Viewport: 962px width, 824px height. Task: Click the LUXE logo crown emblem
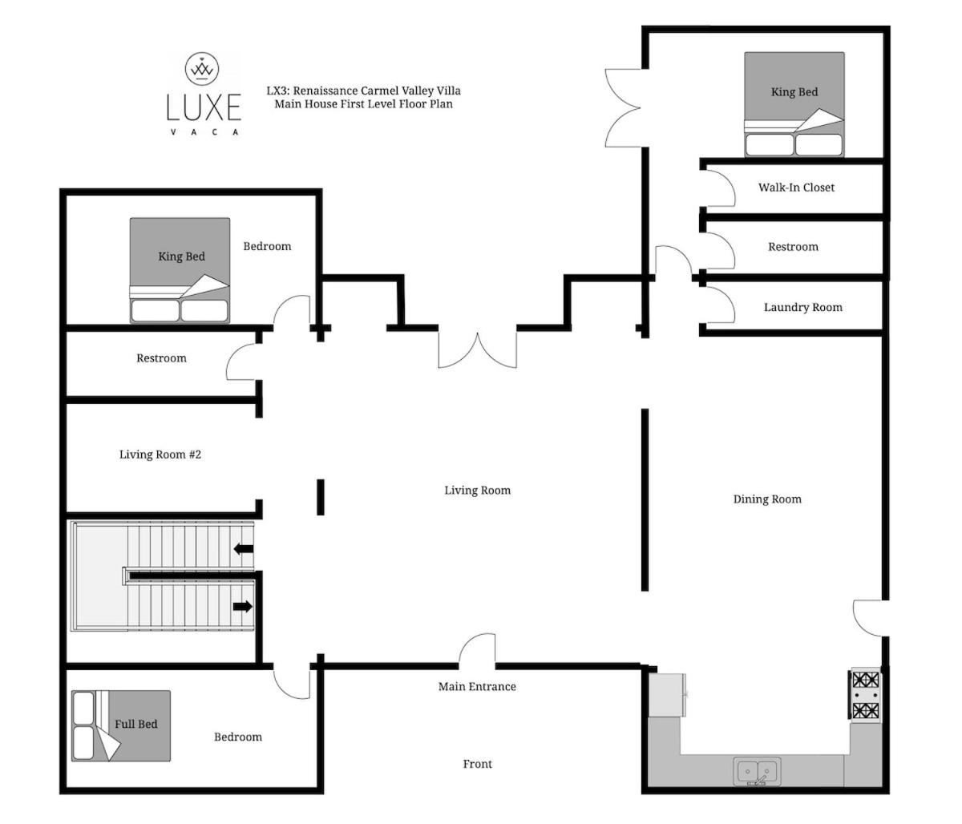[x=201, y=68]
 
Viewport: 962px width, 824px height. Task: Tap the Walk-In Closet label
[x=796, y=188]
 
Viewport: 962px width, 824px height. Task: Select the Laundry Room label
[x=802, y=307]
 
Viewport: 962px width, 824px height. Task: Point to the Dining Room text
[x=767, y=499]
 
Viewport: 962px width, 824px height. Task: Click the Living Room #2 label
[x=160, y=454]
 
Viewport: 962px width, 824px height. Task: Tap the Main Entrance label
[x=477, y=686]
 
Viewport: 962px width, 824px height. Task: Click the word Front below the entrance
[x=477, y=764]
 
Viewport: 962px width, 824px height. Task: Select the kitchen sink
[x=758, y=771]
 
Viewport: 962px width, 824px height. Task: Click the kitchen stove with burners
[x=865, y=695]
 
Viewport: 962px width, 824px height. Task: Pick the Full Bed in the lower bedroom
[x=120, y=726]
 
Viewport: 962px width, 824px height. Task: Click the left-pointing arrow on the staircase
[x=244, y=549]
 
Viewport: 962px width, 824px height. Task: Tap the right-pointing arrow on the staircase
[x=242, y=606]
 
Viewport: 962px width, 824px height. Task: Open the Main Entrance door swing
[x=476, y=649]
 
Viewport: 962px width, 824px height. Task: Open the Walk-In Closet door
[x=718, y=188]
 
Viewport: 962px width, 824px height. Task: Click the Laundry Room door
[x=718, y=305]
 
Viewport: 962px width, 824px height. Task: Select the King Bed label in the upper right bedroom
[x=794, y=91]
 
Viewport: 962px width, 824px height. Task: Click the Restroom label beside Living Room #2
[x=161, y=357]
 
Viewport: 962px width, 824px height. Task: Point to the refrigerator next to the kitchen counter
[x=667, y=695]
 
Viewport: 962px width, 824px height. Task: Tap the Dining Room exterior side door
[x=869, y=618]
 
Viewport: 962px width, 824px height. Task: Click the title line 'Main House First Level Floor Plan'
[x=363, y=103]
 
